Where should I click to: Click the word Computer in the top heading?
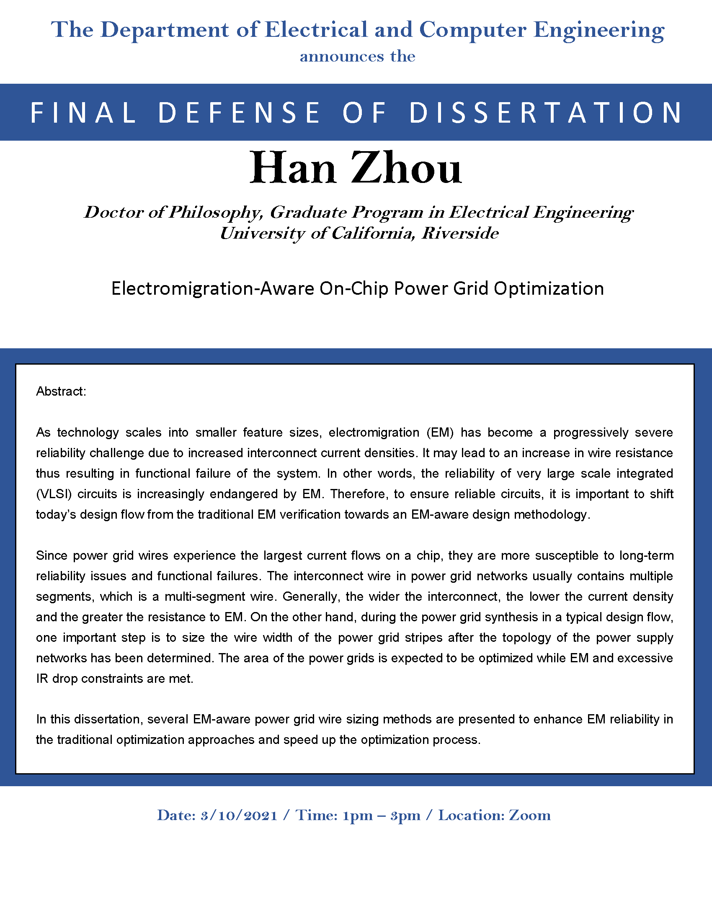tap(472, 31)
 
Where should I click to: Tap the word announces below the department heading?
tap(342, 57)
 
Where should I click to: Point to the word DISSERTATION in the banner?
tap(546, 113)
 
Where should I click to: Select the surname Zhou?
tap(406, 168)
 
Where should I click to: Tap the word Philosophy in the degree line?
tap(216, 213)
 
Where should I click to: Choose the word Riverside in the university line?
tap(460, 233)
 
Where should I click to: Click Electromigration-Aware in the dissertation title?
tap(213, 289)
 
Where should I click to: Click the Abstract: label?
tap(61, 391)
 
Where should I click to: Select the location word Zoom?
tap(530, 815)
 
